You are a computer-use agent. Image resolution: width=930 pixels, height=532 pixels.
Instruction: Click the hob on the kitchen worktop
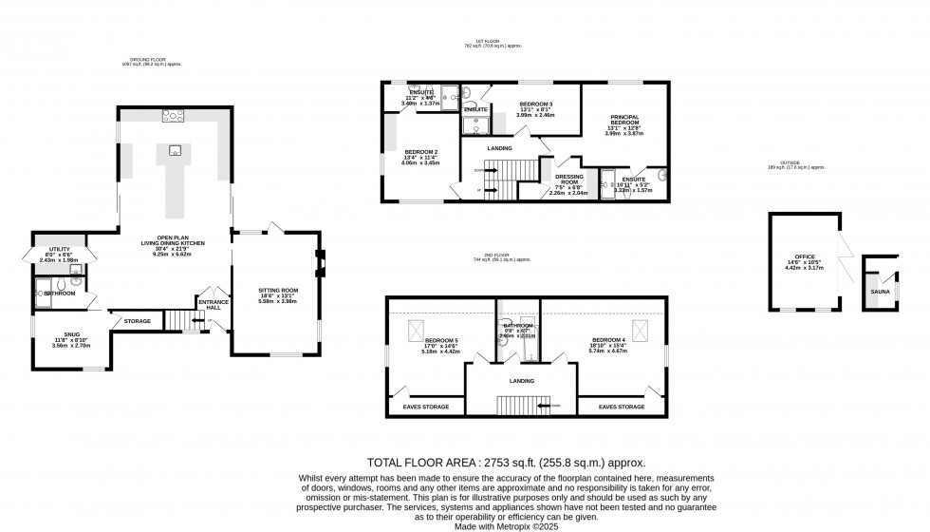173,117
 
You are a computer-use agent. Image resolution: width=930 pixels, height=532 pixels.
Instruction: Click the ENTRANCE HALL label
213,305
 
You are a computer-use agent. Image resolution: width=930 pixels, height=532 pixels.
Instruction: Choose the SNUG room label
72,333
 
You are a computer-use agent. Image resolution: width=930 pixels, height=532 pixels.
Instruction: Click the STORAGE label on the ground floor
137,322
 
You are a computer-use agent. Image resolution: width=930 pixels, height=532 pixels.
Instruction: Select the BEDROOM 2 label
420,152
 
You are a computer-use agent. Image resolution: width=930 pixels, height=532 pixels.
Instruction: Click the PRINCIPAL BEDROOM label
623,119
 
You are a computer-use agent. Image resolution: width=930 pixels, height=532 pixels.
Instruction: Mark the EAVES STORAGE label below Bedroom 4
622,407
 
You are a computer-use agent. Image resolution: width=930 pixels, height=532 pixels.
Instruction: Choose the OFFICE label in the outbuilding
805,256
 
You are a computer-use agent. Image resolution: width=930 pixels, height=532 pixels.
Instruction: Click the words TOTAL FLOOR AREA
413,460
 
